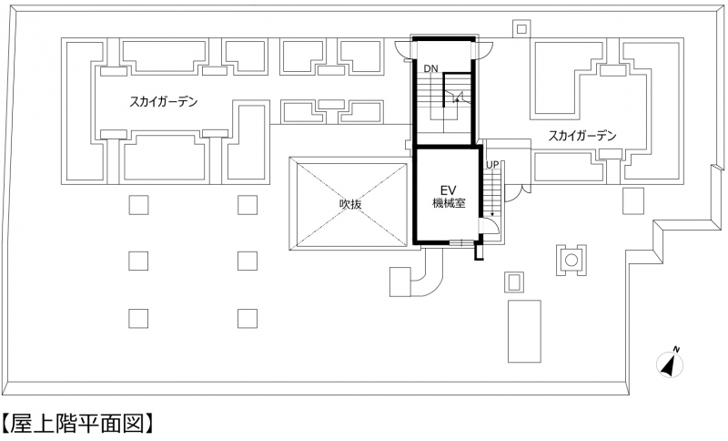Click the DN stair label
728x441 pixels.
[x=430, y=68]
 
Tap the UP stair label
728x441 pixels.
[x=492, y=165]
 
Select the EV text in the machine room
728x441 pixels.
[x=449, y=190]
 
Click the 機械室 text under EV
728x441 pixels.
[x=449, y=203]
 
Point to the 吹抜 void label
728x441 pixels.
[x=350, y=203]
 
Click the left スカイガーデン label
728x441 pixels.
[x=164, y=101]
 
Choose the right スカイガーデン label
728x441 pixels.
[x=582, y=136]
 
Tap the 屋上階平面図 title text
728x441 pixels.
[x=76, y=423]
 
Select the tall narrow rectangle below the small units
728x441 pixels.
[x=524, y=331]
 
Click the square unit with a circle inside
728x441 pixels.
[x=571, y=260]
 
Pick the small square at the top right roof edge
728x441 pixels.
[x=521, y=29]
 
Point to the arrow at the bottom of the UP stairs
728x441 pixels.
[x=492, y=212]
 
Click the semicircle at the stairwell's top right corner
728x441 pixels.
[x=484, y=50]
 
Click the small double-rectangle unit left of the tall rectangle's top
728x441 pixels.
[x=514, y=282]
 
